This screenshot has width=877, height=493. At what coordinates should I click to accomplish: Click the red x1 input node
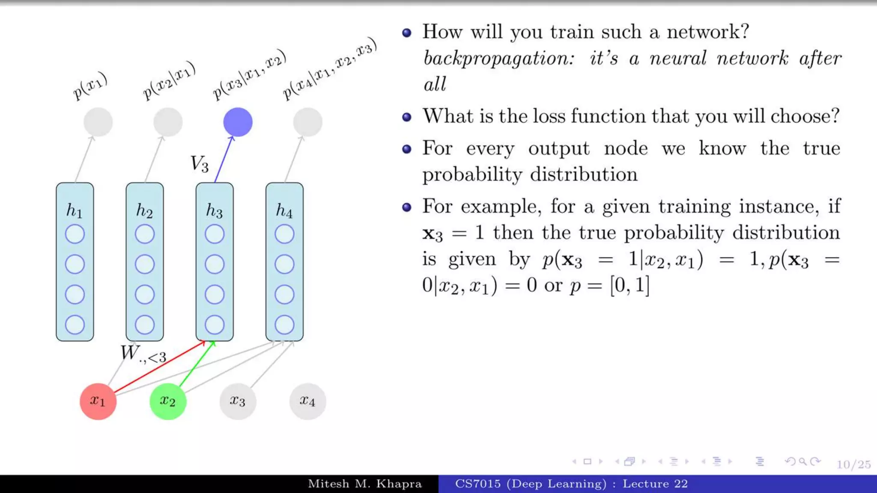pos(98,401)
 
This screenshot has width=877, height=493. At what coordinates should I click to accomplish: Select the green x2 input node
pos(167,401)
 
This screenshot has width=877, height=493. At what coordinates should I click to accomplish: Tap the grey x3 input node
pos(238,401)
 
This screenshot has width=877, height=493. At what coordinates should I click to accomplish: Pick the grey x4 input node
pos(307,401)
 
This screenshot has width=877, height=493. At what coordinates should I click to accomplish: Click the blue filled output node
pos(238,122)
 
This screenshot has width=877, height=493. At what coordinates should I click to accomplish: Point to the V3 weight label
pos(200,164)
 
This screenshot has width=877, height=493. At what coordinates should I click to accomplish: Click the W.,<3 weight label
pos(143,354)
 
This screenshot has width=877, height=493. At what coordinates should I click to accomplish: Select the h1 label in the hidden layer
pos(74,211)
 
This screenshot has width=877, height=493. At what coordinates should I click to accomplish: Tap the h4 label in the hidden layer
pos(284,211)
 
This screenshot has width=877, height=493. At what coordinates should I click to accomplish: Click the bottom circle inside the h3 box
pos(215,325)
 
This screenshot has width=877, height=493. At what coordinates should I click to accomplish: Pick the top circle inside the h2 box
pos(145,234)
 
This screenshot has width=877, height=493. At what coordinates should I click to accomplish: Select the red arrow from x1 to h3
pos(158,367)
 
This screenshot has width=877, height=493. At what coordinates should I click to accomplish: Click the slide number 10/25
pos(853,464)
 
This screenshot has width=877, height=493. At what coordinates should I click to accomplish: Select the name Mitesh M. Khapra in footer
pos(364,484)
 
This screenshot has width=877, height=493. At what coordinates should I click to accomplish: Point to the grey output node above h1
pos(98,122)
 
